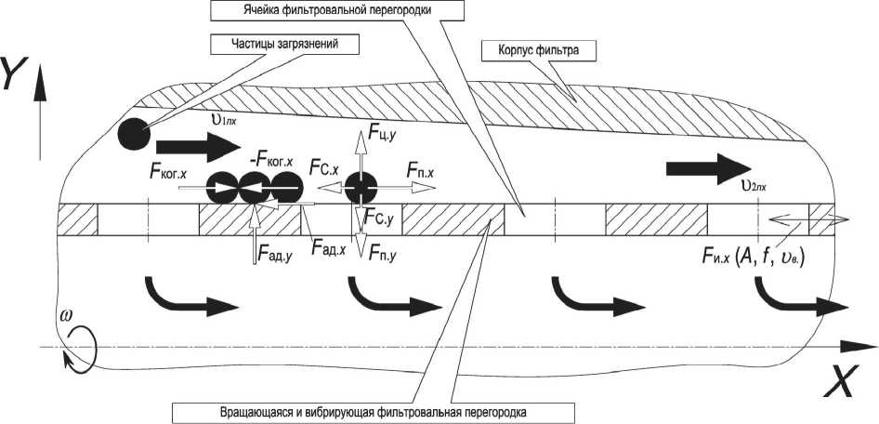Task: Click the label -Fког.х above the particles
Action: pos(272,159)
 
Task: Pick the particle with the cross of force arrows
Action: pos(359,188)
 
